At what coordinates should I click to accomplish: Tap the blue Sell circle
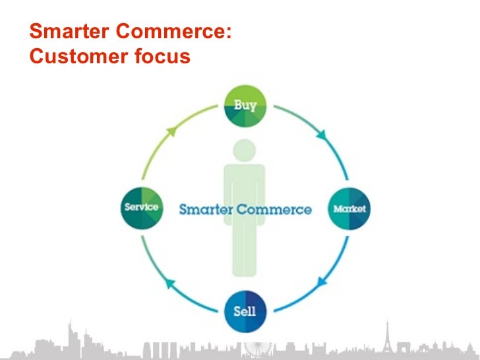(x=245, y=311)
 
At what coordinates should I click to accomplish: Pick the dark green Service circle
(x=141, y=208)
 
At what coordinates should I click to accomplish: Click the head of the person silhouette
(x=245, y=150)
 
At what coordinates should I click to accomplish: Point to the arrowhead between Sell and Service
(x=168, y=284)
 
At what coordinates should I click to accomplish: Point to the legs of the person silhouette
(x=245, y=251)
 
